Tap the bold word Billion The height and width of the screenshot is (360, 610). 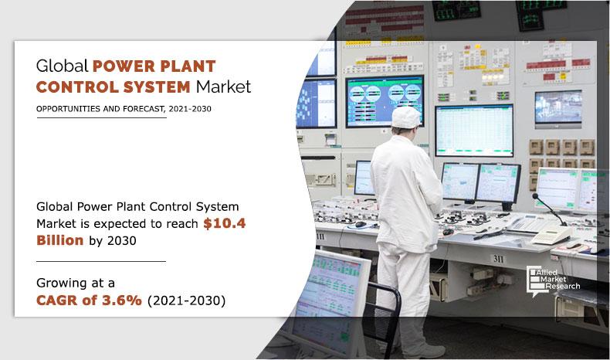point(61,240)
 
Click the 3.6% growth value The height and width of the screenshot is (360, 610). point(120,301)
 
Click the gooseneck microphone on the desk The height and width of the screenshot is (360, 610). point(542,204)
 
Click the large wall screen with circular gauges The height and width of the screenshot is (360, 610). point(385,100)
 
